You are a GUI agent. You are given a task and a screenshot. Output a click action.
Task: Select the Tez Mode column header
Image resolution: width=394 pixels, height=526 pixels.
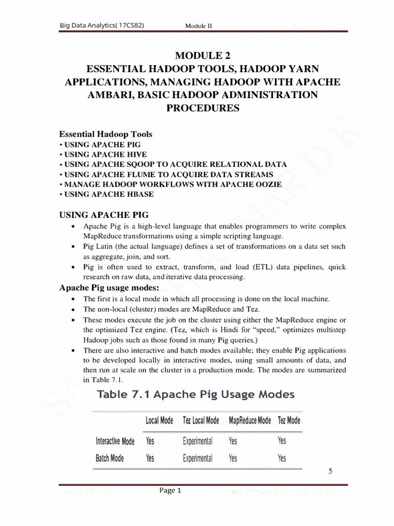click(289, 420)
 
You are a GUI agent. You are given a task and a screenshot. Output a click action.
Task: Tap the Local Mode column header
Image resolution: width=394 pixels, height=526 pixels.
click(160, 420)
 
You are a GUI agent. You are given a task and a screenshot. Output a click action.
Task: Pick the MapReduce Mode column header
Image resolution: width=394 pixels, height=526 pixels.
click(249, 420)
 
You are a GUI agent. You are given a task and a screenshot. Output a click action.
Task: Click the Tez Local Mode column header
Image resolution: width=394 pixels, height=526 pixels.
click(201, 420)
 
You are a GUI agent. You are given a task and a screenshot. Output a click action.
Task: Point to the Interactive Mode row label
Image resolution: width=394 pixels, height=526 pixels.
click(115, 441)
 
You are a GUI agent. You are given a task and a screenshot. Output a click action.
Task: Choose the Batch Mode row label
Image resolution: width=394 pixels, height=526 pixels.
click(110, 458)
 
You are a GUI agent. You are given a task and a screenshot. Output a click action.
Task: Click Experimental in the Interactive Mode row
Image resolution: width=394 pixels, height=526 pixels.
click(198, 441)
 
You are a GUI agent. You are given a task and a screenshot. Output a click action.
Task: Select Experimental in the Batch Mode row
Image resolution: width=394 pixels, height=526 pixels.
click(198, 458)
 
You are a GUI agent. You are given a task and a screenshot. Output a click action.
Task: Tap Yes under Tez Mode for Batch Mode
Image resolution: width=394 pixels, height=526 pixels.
click(282, 458)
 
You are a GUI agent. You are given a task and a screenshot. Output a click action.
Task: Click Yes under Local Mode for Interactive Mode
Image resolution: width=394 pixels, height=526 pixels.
click(150, 441)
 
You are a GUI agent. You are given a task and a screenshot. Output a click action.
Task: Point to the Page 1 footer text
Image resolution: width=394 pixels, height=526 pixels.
click(170, 491)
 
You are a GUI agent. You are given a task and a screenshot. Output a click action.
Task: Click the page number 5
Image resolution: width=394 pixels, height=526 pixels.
click(330, 473)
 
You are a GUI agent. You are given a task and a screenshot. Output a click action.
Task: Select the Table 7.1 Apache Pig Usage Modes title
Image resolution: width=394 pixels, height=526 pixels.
click(196, 394)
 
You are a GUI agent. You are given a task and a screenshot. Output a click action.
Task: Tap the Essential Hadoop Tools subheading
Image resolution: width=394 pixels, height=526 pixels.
click(106, 134)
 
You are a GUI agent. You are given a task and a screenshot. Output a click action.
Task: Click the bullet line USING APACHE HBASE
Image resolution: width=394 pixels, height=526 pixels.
click(107, 194)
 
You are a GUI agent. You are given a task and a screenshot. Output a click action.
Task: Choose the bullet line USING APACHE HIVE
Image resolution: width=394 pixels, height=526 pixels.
click(103, 154)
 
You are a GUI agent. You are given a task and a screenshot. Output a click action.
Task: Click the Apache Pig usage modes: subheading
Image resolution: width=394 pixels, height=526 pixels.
click(110, 287)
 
